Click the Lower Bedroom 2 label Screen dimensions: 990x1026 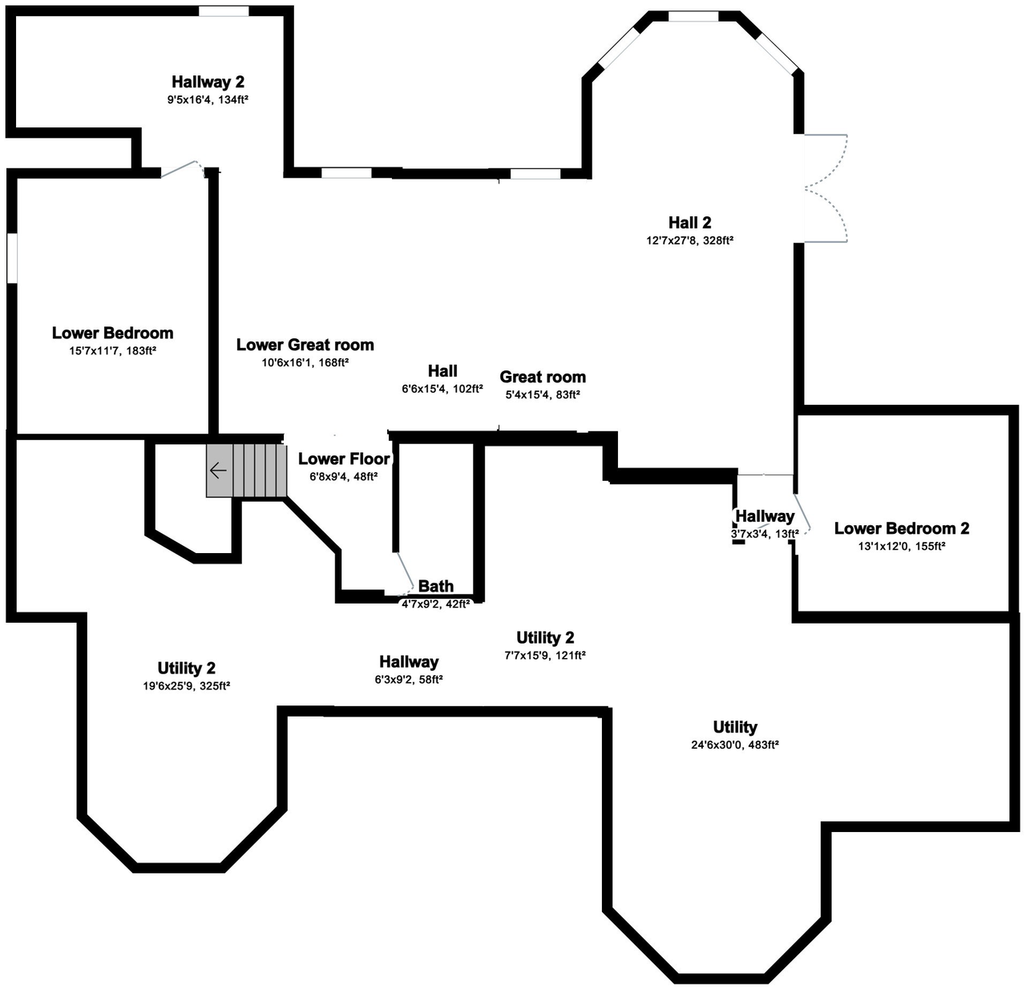tap(901, 528)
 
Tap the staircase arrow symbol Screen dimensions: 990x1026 tap(217, 471)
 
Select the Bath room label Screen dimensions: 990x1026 tap(435, 587)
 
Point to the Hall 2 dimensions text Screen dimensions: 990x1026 tap(690, 240)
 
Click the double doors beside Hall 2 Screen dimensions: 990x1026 tap(826, 188)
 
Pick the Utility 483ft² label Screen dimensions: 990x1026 tap(735, 727)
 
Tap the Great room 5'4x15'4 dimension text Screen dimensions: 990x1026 tap(543, 394)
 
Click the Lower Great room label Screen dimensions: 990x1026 tap(305, 345)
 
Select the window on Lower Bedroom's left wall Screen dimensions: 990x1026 tap(12, 257)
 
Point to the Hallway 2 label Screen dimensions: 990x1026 tap(208, 82)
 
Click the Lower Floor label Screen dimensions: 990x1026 tap(344, 459)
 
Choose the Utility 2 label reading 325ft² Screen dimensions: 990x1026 tap(186, 668)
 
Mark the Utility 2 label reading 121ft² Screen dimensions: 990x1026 tap(545, 637)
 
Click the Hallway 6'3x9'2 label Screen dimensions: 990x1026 tap(409, 662)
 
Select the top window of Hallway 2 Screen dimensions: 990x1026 tap(224, 11)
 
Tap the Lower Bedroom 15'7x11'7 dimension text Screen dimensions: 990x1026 tap(112, 350)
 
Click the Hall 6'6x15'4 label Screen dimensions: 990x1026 tap(442, 370)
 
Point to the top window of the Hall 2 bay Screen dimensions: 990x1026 tap(693, 16)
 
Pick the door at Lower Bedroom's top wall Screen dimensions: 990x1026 tap(181, 168)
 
